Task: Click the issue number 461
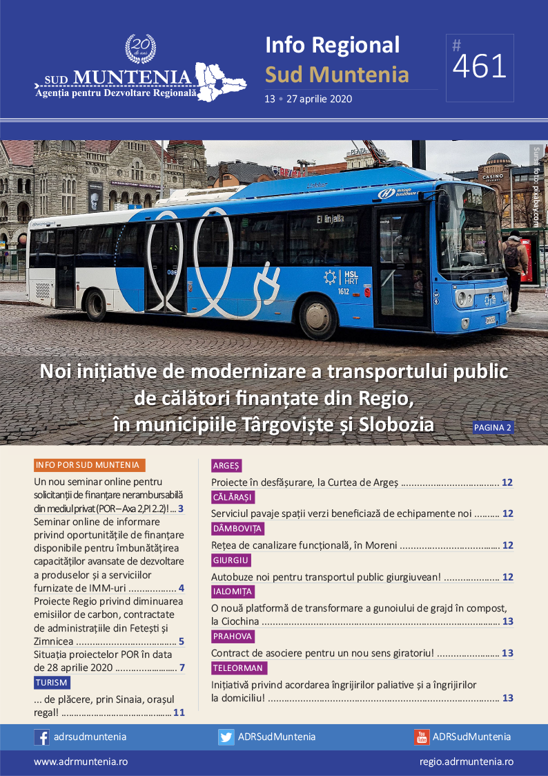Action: (480, 67)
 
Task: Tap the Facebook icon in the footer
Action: (41, 737)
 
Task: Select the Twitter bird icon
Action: (226, 737)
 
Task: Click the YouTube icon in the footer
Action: (421, 737)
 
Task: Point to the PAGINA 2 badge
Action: (493, 428)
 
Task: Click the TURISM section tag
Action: (52, 683)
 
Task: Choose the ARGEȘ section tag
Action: (226, 466)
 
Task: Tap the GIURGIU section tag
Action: (231, 560)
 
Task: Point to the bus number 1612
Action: (343, 292)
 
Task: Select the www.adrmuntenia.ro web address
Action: (81, 761)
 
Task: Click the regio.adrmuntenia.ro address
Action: (466, 761)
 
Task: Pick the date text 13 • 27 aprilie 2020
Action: (308, 99)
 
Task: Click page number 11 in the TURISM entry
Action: (179, 712)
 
